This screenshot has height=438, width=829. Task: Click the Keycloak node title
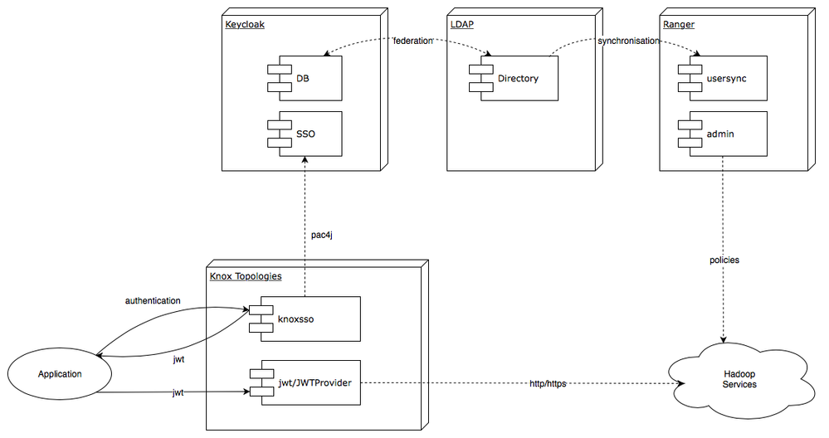[x=245, y=24]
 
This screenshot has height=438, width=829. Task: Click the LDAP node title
[x=461, y=24]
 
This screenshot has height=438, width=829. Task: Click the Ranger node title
[x=679, y=24]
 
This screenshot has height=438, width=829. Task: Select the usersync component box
[x=723, y=79]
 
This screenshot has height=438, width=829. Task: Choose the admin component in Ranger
[x=723, y=133]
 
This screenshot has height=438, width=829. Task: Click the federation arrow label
[x=412, y=40]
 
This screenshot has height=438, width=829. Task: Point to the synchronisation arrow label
[x=628, y=40]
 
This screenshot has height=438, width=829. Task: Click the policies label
[x=724, y=260]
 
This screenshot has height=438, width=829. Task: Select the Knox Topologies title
[x=246, y=275]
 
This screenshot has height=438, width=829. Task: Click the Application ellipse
[x=60, y=374]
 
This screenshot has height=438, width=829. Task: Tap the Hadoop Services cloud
[x=739, y=379]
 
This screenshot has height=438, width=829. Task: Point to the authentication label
[x=153, y=299]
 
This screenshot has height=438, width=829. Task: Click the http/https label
[x=548, y=383]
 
